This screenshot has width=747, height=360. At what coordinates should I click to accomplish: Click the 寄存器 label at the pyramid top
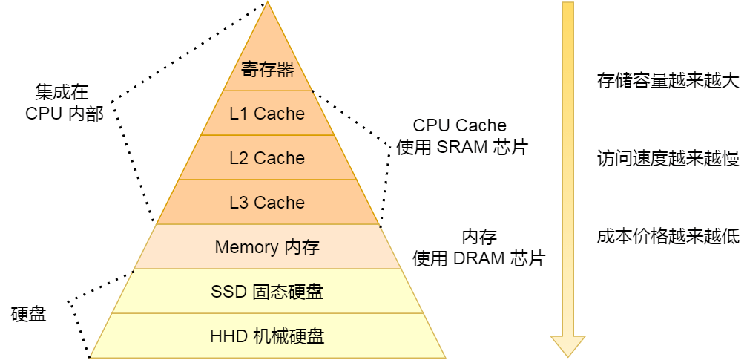(267, 70)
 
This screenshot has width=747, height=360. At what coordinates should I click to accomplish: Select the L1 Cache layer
(267, 114)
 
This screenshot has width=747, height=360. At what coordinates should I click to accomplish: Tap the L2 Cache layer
(267, 158)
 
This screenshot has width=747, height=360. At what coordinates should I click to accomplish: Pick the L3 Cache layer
(267, 203)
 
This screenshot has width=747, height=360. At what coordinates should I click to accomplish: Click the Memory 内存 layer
(267, 247)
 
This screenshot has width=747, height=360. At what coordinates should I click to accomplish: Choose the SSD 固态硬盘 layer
(267, 292)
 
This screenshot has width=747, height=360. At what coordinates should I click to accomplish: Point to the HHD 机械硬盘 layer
(267, 336)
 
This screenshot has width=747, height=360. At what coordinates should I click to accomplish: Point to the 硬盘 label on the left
(29, 314)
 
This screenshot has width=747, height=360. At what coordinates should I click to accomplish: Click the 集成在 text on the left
(62, 92)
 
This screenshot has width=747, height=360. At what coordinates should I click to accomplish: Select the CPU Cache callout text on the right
(459, 125)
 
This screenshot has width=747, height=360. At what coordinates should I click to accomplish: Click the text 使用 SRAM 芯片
(461, 147)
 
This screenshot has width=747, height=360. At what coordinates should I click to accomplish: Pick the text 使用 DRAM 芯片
(478, 258)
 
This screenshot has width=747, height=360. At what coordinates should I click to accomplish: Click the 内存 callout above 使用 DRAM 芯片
(479, 237)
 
